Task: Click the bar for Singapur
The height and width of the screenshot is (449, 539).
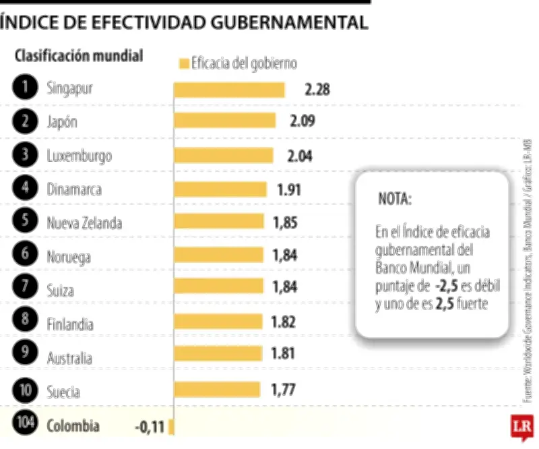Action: pos(229,90)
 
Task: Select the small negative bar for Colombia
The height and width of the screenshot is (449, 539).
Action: pos(172,426)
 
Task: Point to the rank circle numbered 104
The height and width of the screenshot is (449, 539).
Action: pos(25,425)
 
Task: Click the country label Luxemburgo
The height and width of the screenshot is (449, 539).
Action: pos(80,156)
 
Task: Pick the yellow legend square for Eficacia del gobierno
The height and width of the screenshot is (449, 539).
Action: pos(183,64)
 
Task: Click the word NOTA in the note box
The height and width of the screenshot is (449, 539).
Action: pos(394,200)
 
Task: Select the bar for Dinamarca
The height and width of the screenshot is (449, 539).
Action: pos(220,189)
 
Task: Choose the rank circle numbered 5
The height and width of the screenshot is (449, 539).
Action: pos(25,220)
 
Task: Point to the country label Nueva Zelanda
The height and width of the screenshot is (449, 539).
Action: pos(85,223)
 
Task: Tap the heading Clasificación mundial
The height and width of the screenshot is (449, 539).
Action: pos(79,56)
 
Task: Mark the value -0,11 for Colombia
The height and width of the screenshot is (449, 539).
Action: pos(150,426)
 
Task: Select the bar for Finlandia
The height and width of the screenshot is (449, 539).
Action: pos(218,322)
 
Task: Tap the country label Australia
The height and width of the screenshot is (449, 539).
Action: pos(69,358)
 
